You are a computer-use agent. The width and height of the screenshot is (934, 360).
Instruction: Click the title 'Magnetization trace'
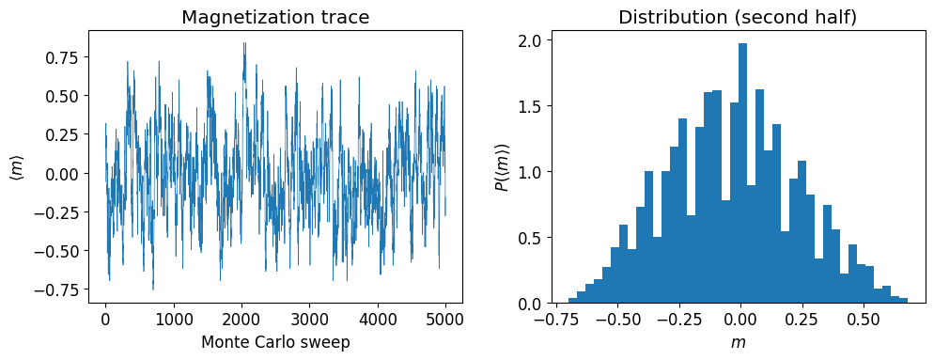click(275, 17)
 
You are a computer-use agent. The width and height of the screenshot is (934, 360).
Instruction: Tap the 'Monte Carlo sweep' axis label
click(275, 342)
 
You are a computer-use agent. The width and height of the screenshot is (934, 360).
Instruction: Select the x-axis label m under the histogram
click(739, 343)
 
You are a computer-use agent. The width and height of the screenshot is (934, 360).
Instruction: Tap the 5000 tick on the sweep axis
click(445, 318)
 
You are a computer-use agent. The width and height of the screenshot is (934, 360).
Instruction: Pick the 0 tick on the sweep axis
click(105, 318)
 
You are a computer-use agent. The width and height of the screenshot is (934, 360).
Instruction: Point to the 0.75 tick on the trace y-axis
click(69, 58)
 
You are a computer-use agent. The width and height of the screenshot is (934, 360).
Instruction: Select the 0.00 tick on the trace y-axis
click(69, 174)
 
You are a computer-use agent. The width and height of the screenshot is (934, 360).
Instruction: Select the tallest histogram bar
click(742, 174)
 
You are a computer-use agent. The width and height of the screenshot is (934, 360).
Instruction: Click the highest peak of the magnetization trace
click(244, 43)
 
